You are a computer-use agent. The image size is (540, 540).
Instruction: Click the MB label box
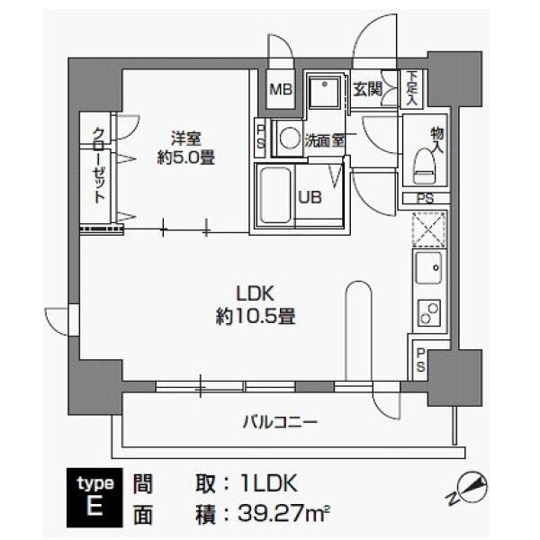pyautogui.click(x=281, y=91)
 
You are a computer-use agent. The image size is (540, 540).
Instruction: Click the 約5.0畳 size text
pyautogui.click(x=186, y=158)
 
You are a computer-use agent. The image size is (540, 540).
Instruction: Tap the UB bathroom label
pyautogui.click(x=310, y=198)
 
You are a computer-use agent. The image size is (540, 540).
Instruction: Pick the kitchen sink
pyautogui.click(x=427, y=266)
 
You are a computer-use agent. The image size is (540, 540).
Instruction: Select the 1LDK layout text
pyautogui.click(x=265, y=483)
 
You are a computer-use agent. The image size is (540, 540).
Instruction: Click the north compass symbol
pyautogui.click(x=475, y=489)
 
